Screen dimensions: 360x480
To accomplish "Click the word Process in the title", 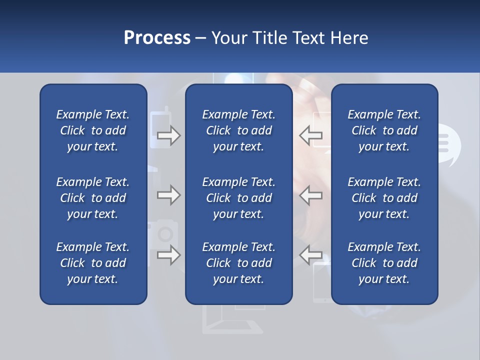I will [x=157, y=38].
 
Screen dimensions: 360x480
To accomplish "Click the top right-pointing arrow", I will [x=169, y=135].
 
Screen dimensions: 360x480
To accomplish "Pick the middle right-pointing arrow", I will [x=169, y=195].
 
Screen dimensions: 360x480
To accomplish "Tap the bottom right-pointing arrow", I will [x=169, y=255].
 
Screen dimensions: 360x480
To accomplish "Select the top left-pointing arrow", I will [x=311, y=135].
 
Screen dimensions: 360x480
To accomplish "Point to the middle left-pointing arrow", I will [x=311, y=195].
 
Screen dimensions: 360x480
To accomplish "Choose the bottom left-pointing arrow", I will [x=311, y=255].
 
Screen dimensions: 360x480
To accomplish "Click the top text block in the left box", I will [x=93, y=130].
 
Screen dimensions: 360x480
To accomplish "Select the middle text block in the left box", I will [x=93, y=198].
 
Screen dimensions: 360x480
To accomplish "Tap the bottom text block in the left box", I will [x=93, y=263].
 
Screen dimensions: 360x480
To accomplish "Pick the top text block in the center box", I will [x=238, y=130].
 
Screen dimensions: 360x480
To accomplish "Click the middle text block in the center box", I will [x=238, y=198].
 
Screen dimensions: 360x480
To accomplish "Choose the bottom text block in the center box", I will [x=238, y=263].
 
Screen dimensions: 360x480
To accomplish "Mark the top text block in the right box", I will [x=384, y=130].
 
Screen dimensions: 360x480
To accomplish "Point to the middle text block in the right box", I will [x=384, y=198].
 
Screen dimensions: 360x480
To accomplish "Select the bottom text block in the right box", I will [x=384, y=263].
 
